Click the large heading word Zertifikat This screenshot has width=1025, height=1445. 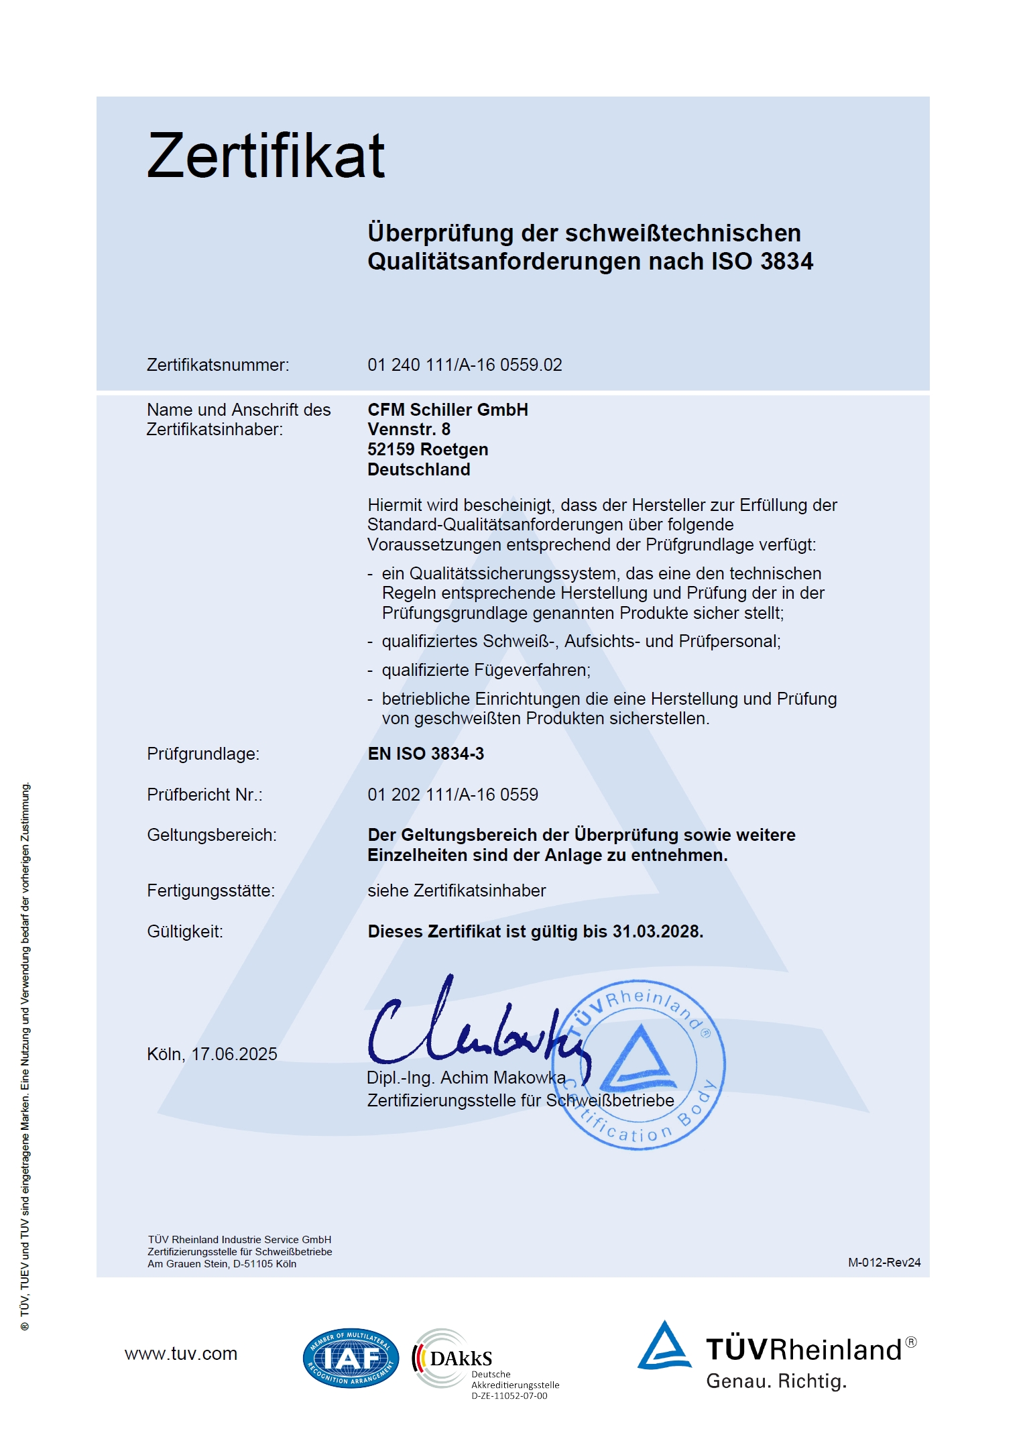click(265, 156)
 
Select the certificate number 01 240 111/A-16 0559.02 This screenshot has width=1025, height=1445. click(464, 365)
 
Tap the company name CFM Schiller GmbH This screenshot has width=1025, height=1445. click(447, 410)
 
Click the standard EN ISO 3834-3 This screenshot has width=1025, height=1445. click(425, 754)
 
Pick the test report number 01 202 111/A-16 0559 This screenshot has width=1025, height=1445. click(453, 795)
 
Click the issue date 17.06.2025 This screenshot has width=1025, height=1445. click(234, 1054)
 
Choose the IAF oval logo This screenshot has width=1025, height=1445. click(351, 1358)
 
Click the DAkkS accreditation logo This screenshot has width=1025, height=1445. click(453, 1358)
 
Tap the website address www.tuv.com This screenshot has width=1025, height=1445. click(181, 1354)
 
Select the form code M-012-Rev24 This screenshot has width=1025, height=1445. click(884, 1263)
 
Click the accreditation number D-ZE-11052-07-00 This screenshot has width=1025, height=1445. click(509, 1396)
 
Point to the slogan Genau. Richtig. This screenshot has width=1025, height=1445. click(776, 1381)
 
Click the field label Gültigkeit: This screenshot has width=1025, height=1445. click(185, 931)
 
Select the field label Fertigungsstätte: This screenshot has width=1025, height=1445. click(210, 890)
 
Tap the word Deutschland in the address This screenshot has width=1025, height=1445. click(418, 469)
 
